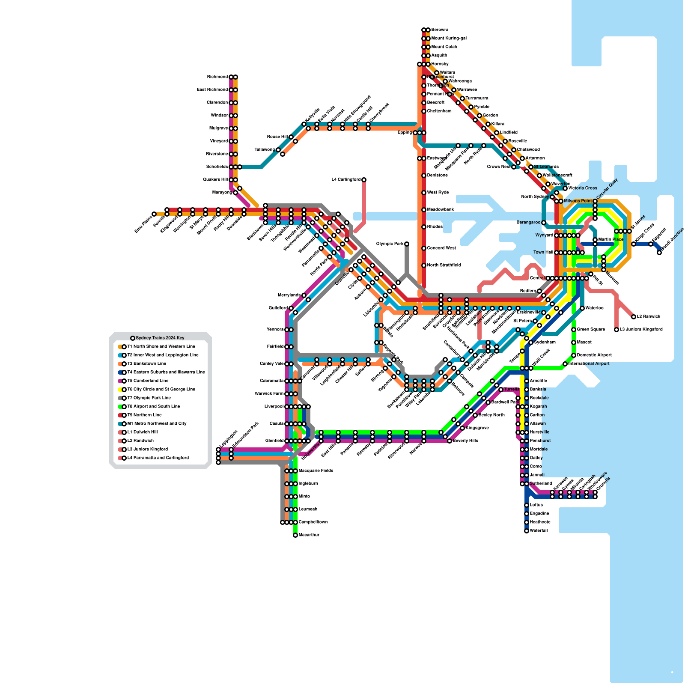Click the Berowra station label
click(x=440, y=30)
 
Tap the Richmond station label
click(x=217, y=77)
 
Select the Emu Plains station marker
click(x=154, y=214)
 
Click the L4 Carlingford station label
click(x=346, y=180)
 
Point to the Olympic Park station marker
click(x=407, y=244)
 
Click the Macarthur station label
click(x=309, y=535)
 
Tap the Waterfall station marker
click(x=527, y=531)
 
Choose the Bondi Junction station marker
click(x=659, y=253)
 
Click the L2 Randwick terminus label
click(x=649, y=317)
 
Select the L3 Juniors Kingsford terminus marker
click(x=616, y=330)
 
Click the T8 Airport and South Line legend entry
click(x=154, y=407)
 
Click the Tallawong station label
click(x=265, y=150)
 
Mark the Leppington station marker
click(x=218, y=450)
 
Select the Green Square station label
click(x=591, y=330)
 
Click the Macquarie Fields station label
click(x=316, y=471)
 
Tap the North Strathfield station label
click(x=444, y=265)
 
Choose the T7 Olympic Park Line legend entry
click(x=149, y=398)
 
